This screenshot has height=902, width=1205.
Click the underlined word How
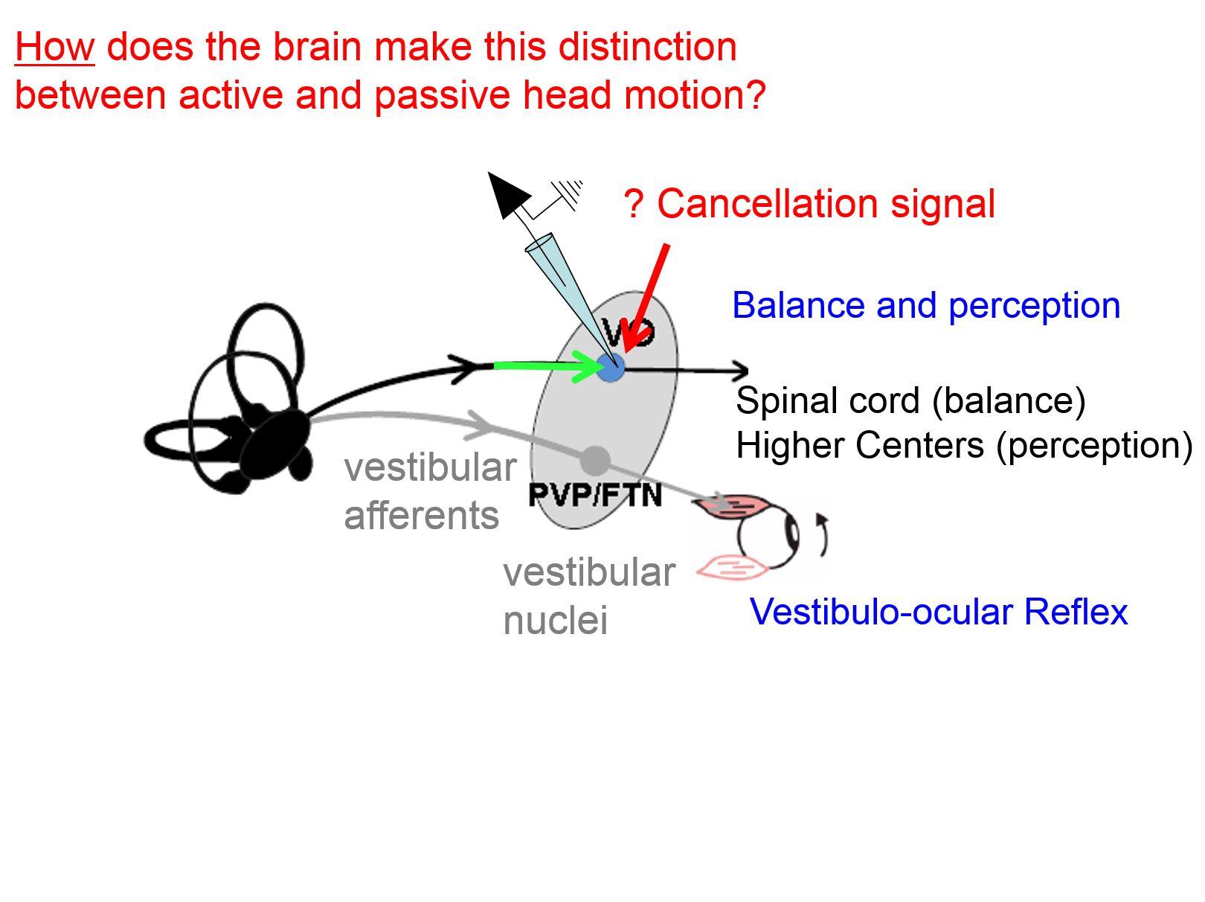coord(54,48)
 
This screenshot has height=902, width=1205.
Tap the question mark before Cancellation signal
coord(633,204)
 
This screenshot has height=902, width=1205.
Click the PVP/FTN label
coord(594,495)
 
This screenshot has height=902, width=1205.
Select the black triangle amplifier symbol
coord(508,193)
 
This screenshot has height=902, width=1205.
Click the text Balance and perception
coord(926,306)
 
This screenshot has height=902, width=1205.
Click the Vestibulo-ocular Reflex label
coord(939,612)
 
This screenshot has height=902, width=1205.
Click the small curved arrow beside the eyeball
coord(823,534)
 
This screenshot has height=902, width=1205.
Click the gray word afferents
coord(421,516)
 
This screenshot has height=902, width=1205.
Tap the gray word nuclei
coord(555,620)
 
